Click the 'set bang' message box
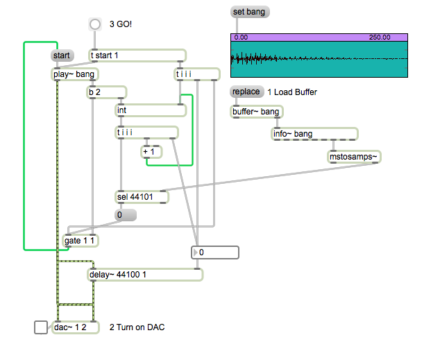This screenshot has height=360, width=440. pos(250,12)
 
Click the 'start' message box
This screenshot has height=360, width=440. pos(62,55)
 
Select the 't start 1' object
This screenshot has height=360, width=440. pos(137,55)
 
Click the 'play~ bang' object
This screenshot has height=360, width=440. pos(75,74)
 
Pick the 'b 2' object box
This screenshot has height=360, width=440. pos(107,92)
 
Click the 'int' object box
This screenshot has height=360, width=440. pos(151,110)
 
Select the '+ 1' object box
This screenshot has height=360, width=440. pos(151,152)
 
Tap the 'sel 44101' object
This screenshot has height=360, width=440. pos(142,197)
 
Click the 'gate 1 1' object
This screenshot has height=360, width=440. pos(81,241)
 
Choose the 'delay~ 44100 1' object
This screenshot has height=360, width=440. pos(145,275)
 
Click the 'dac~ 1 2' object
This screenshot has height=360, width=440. pos(76,327)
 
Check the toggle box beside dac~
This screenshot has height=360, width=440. pos(41,327)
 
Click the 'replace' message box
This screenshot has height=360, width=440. pos(247,92)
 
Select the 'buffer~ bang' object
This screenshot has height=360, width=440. pos(257,112)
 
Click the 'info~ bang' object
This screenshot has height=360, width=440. pos(314,134)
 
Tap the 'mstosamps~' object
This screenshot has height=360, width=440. pos(354,157)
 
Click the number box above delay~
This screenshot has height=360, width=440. pos(215,252)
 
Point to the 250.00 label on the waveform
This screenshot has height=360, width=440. pos(380,37)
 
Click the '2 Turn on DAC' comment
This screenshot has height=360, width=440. pos(137,327)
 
